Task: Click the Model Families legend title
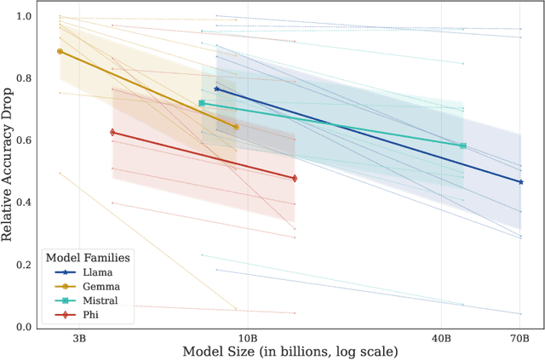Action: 87,258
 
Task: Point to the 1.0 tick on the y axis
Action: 26,17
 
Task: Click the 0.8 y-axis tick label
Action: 26,79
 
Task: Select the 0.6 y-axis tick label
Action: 26,141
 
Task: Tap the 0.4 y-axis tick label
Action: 26,203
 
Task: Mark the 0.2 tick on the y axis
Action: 26,266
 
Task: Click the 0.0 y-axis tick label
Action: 26,328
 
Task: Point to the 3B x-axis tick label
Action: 79,338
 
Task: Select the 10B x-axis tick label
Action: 248,338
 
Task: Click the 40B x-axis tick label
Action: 442,338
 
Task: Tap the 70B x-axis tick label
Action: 520,338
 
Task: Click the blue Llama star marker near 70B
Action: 520,182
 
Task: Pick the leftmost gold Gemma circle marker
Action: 60,52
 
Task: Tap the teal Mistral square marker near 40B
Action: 462,146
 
